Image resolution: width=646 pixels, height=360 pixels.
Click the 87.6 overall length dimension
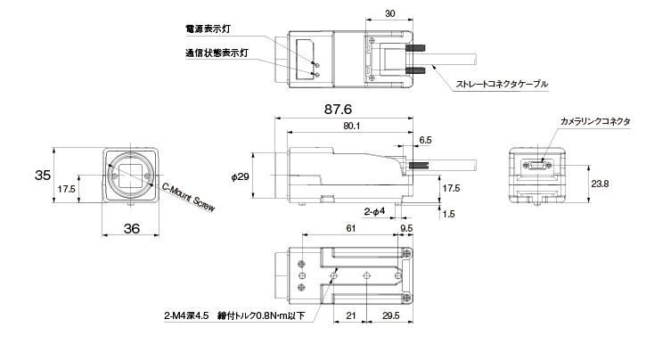338,109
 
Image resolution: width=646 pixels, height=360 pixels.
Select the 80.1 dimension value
351,126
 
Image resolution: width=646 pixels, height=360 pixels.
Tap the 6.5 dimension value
425,140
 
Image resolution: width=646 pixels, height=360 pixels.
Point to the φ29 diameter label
241,176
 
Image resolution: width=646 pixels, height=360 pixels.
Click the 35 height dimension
43,175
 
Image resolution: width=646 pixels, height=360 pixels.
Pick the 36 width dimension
131,228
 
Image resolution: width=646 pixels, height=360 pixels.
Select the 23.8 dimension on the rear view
600,184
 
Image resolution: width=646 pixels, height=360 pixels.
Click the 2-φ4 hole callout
374,211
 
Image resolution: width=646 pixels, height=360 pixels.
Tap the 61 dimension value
350,228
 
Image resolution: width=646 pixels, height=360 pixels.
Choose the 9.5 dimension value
406,228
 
